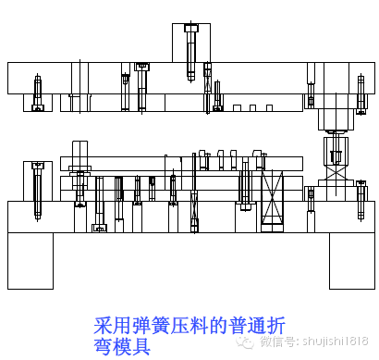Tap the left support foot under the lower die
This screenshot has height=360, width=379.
click(30, 260)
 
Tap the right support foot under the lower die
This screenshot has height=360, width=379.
click(352, 260)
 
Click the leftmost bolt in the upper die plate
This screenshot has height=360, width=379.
click(38, 93)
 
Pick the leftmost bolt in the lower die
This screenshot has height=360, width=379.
click(37, 189)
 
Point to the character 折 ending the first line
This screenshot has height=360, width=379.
click(276, 326)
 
